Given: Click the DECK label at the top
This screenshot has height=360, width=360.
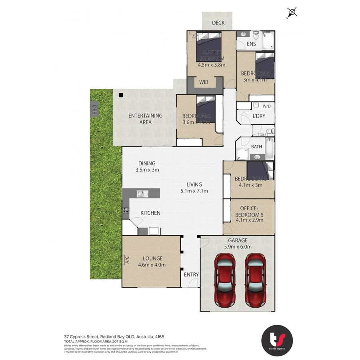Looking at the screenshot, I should click(x=218, y=23).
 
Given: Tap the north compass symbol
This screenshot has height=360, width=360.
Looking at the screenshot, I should click(x=292, y=13).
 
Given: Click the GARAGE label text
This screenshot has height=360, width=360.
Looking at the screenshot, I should click(x=238, y=240).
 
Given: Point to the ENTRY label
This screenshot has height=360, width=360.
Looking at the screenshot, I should click(x=191, y=274).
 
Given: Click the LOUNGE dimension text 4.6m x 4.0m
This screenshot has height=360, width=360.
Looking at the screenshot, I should click(x=152, y=264).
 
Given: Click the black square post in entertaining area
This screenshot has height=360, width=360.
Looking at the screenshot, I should click(x=120, y=95).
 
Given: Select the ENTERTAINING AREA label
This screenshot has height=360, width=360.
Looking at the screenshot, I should click(x=145, y=119).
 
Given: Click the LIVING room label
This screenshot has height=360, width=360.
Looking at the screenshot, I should click(x=194, y=184).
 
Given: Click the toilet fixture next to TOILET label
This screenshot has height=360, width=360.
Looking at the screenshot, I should click(x=270, y=131).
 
